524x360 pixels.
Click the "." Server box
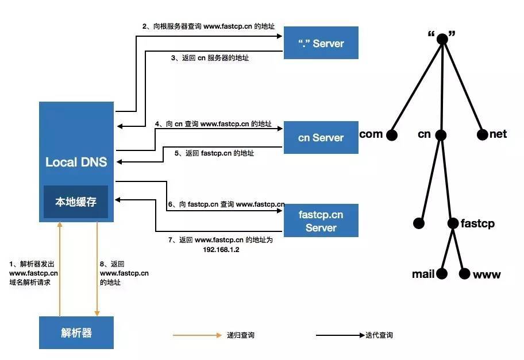[321, 43]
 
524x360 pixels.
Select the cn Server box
[321, 138]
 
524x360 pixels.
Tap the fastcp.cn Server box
[321, 221]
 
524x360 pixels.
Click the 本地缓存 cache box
[76, 202]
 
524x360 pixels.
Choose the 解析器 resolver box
[76, 333]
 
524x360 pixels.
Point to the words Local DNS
[76, 162]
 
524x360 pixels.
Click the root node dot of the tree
[442, 40]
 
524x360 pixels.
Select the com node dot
[392, 136]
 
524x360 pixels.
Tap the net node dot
[483, 136]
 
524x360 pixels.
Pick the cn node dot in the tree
[441, 136]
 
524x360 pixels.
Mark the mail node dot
[442, 274]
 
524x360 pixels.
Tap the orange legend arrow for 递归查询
[196, 335]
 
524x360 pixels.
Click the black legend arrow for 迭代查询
[339, 335]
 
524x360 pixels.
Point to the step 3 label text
[210, 59]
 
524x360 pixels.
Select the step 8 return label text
[124, 273]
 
